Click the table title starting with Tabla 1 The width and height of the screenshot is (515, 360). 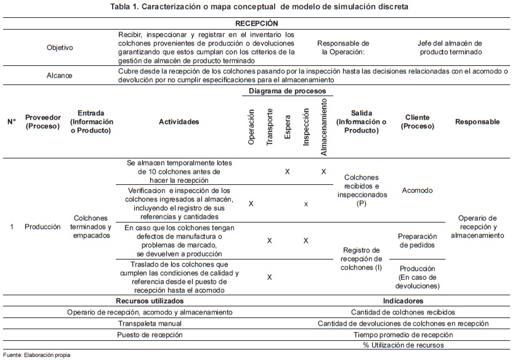coord(257,7)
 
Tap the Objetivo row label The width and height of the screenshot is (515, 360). coord(59,47)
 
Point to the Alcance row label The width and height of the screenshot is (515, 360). coord(59,75)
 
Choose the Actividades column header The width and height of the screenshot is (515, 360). coord(179,121)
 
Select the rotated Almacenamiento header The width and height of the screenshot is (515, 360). coord(324,127)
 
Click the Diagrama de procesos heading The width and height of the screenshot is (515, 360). coord(287,91)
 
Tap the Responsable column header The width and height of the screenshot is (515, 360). coord(477,121)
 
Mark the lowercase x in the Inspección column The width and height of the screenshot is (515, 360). coord(306,203)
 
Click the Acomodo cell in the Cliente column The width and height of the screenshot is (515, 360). coord(417,190)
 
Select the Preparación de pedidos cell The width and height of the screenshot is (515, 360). coord(417,240)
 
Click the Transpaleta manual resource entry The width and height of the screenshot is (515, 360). coord(150,323)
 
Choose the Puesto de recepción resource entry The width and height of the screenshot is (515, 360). coord(150,335)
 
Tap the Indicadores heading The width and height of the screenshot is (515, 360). coord(403,301)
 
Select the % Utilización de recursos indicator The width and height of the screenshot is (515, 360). coord(403,345)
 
